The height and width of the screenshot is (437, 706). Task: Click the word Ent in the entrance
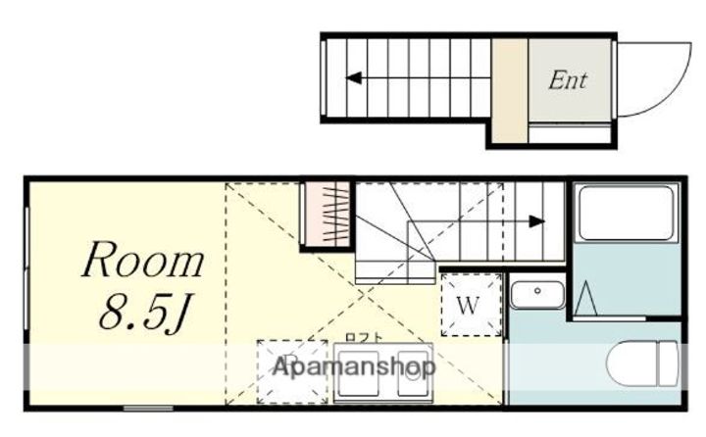click(568, 80)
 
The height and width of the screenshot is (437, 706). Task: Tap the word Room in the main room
click(143, 260)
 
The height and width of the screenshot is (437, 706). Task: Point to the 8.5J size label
click(145, 313)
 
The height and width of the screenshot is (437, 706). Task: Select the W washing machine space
click(471, 305)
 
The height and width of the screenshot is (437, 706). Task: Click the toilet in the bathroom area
click(642, 364)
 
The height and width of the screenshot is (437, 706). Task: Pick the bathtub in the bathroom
click(627, 214)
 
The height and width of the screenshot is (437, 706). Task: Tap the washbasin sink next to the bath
click(537, 295)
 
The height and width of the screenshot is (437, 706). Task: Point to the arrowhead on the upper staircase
click(354, 77)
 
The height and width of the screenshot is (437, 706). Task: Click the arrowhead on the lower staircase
click(536, 221)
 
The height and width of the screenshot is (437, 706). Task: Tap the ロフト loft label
click(364, 338)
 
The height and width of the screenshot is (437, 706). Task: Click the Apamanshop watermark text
click(354, 366)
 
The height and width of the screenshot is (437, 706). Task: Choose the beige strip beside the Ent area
click(510, 90)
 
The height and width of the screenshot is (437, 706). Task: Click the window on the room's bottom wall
click(149, 409)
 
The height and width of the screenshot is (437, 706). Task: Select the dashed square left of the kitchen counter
click(292, 371)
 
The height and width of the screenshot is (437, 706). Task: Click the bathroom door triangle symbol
click(586, 298)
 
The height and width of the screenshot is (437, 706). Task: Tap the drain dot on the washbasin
click(537, 291)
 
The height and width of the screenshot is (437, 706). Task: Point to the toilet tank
click(668, 364)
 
